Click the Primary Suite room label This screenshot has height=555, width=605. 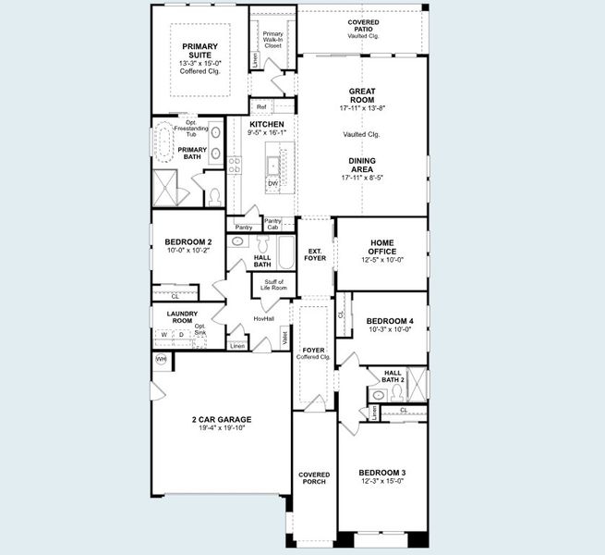(x=200, y=51)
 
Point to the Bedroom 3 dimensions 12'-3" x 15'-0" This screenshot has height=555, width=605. (x=381, y=481)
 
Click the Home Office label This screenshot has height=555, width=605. (x=381, y=247)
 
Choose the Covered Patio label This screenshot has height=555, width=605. (x=363, y=25)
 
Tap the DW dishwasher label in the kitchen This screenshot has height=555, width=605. (x=272, y=184)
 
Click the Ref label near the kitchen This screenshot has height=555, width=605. (x=261, y=107)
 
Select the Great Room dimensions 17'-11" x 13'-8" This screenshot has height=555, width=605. (x=360, y=108)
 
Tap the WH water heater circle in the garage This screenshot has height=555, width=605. (x=161, y=359)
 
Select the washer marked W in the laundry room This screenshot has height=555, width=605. (x=164, y=334)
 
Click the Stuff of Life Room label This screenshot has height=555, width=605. (x=275, y=285)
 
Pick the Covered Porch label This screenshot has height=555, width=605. (x=314, y=478)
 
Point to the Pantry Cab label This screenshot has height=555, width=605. (x=272, y=224)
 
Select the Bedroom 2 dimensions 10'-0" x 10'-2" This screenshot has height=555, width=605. (x=188, y=250)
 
